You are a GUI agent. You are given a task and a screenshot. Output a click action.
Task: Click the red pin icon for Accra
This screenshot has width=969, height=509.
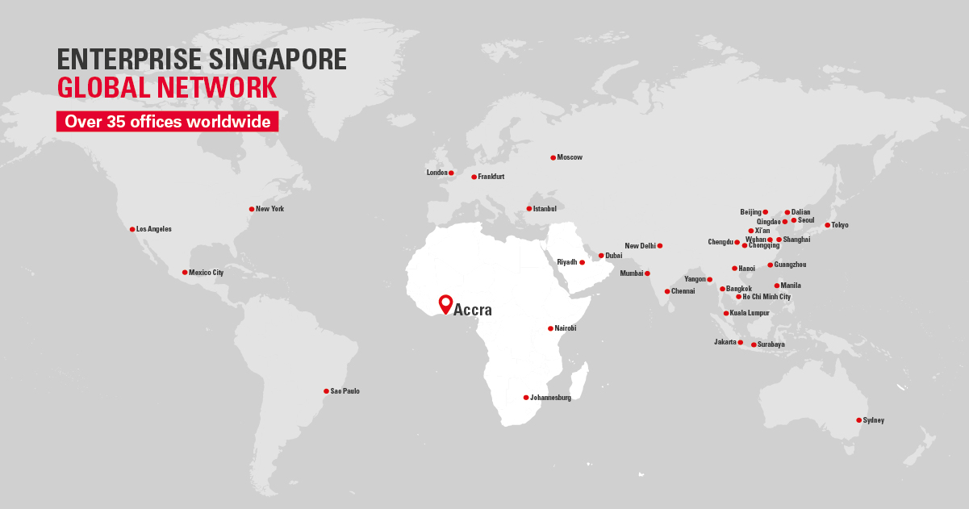pos(445,303)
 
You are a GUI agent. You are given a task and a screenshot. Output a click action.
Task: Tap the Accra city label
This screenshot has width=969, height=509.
pos(473,309)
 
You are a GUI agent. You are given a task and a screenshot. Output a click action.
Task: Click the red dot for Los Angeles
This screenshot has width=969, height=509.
pos(132,229)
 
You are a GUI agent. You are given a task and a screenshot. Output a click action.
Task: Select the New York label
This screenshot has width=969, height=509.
pos(269,209)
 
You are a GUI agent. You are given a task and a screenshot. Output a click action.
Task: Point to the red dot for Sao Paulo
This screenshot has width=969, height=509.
pos(326,391)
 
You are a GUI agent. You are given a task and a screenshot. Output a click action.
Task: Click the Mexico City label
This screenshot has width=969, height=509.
pos(206,273)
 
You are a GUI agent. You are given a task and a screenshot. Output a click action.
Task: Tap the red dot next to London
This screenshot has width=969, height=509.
pos(451,173)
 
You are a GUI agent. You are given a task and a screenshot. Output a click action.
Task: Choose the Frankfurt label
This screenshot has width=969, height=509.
pos(491,177)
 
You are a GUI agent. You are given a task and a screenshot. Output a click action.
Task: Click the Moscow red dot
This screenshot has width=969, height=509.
pos(553,157)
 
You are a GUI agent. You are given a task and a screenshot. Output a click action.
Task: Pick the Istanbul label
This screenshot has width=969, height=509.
pos(545,209)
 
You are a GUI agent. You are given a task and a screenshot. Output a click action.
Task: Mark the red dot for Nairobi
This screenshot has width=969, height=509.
pos(550,328)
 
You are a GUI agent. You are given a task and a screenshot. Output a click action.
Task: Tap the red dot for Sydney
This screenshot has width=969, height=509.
pos(858,420)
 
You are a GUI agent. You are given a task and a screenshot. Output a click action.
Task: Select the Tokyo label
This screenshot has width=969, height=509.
pos(840,225)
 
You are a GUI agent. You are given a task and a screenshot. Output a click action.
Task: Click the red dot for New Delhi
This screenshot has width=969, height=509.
pos(660,245)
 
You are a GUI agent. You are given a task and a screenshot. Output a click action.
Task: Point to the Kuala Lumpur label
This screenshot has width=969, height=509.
pos(750,313)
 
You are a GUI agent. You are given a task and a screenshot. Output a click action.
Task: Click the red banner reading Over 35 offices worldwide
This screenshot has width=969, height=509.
pos(167,122)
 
